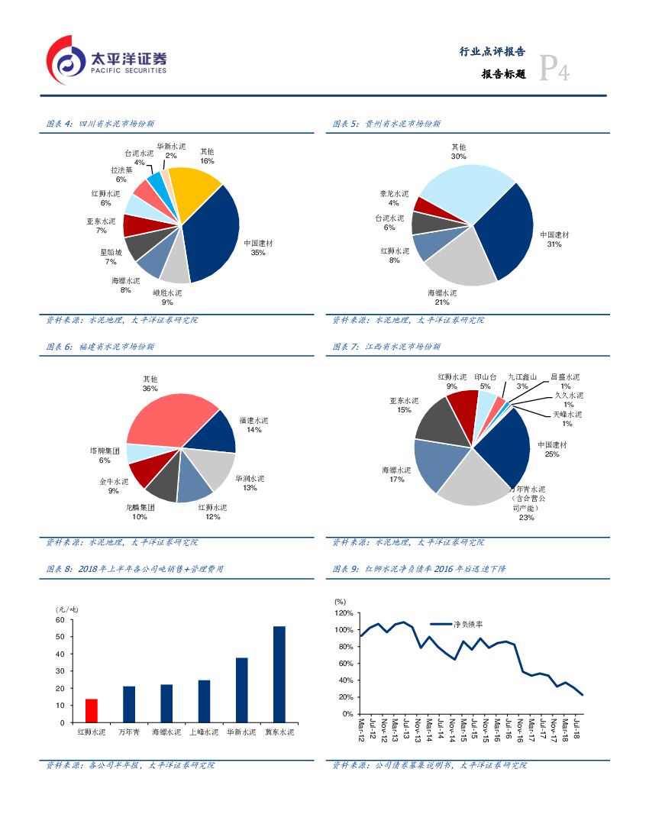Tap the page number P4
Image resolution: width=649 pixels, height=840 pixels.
tap(555, 70)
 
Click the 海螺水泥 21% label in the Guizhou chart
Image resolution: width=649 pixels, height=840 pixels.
tap(442, 297)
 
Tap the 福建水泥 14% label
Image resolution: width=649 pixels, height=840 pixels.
tap(254, 425)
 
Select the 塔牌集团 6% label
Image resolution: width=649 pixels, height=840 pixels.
tap(105, 455)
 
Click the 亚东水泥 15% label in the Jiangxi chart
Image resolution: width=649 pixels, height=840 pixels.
tap(404, 405)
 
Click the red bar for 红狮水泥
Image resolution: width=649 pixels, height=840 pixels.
tap(92, 710)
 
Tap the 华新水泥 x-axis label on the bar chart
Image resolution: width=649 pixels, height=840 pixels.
tap(241, 732)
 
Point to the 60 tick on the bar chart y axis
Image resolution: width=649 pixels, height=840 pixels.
tap(60, 620)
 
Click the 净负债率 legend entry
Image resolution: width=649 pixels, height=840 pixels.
tap(464, 624)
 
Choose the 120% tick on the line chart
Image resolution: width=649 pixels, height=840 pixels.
tap(344, 613)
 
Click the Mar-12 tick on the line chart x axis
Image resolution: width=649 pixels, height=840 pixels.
tap(361, 731)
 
